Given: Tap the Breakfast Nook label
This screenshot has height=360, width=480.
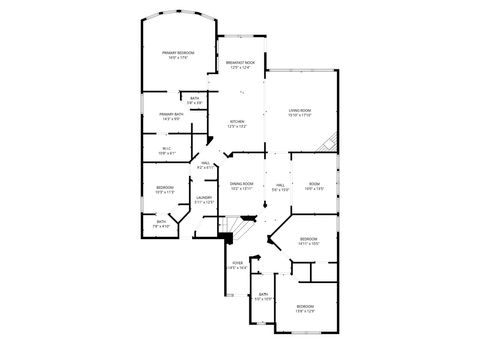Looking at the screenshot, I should point(241,64).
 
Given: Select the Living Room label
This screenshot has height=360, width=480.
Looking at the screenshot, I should point(300,111).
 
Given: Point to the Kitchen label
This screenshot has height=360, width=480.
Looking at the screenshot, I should point(237,123).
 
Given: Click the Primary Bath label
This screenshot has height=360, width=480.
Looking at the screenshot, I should point(171,116).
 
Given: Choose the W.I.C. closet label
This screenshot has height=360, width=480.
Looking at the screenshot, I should point(167,151).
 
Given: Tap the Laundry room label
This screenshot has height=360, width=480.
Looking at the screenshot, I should point(204,199).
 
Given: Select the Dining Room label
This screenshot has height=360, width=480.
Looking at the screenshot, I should point(241,186).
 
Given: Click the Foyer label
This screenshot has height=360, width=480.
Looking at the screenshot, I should point(237,266).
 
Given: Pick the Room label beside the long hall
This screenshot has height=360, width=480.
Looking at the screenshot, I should point(314,186).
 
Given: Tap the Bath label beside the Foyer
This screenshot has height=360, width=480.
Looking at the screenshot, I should point(263,297).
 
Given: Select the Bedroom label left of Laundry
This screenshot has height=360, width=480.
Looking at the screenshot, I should point(165,189).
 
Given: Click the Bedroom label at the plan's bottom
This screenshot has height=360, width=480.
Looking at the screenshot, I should point(305,308).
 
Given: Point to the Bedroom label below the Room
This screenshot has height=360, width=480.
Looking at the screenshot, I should point(309,240).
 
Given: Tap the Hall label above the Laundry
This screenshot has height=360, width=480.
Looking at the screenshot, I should point(204,165).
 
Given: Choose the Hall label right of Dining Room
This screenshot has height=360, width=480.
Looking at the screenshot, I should point(281,186).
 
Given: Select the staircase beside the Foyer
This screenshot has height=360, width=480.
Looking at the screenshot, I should point(228,237).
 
